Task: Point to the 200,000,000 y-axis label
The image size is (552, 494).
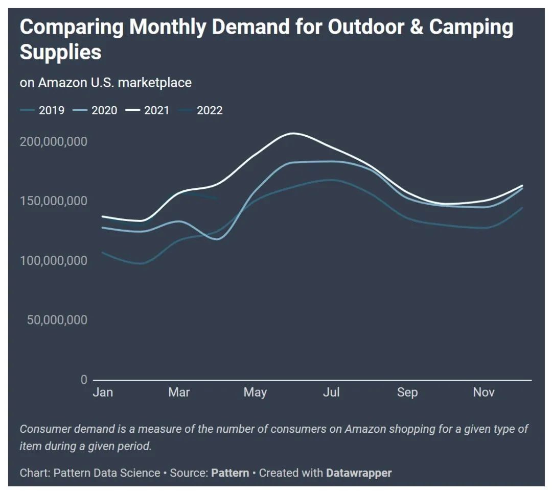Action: pos(54,141)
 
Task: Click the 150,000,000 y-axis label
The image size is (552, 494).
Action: pos(54,201)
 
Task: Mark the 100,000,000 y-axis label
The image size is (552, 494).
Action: pos(54,261)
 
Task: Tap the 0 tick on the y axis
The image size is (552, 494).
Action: pos(83,380)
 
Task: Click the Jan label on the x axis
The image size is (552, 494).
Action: pos(103,392)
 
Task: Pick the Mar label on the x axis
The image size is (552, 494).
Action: pos(179,392)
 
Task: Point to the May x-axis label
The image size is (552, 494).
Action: pos(255,392)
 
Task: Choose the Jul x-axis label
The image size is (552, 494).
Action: pos(332,392)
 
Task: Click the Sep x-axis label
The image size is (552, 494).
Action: pos(407,392)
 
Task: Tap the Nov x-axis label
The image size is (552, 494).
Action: pos(484,392)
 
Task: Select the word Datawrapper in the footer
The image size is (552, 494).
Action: pos(359,473)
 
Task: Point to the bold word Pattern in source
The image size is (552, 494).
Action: pos(230,473)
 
